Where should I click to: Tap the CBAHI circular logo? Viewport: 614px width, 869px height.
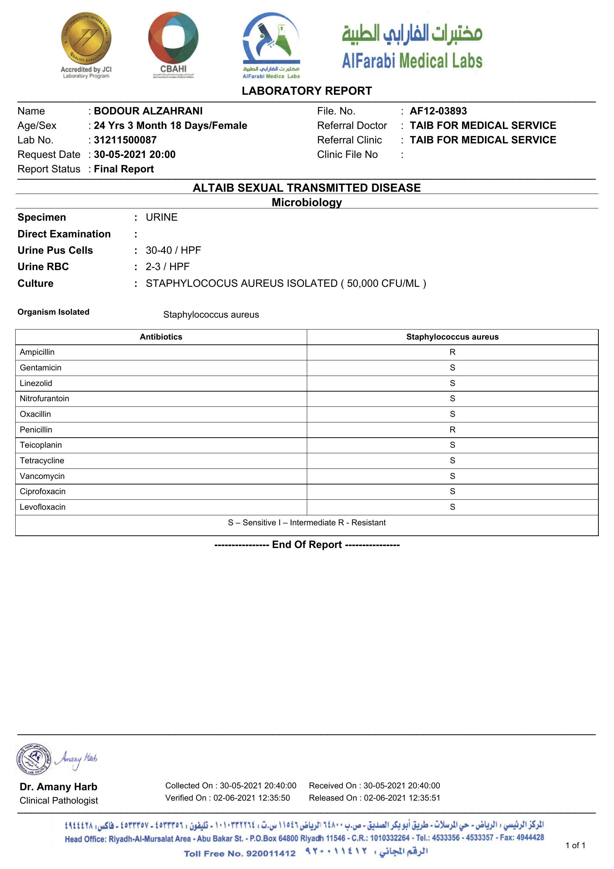click(x=173, y=38)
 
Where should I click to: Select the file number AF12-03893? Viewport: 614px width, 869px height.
click(x=438, y=111)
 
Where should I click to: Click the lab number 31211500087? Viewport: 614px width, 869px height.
click(x=125, y=140)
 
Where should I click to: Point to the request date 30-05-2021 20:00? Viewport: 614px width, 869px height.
click(x=134, y=155)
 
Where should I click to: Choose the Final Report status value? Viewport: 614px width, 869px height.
click(x=124, y=169)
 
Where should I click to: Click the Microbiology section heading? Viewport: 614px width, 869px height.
click(x=306, y=202)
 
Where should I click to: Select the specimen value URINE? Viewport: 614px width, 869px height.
click(x=162, y=217)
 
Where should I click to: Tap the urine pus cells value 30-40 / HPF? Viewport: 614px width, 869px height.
click(x=173, y=250)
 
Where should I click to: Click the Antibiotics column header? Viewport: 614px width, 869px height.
click(x=161, y=337)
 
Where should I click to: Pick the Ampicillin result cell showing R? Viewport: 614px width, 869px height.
click(x=452, y=352)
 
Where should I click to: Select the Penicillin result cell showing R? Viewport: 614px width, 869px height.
click(x=452, y=429)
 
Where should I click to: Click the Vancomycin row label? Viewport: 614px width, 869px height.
click(x=42, y=476)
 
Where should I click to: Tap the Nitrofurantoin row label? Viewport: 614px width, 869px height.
click(x=44, y=399)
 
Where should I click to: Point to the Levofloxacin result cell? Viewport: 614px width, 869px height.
click(x=452, y=507)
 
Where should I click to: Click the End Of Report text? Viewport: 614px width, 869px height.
click(x=306, y=544)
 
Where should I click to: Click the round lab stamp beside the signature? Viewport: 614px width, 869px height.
click(x=34, y=759)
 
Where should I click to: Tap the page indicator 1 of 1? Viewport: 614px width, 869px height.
click(x=575, y=846)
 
